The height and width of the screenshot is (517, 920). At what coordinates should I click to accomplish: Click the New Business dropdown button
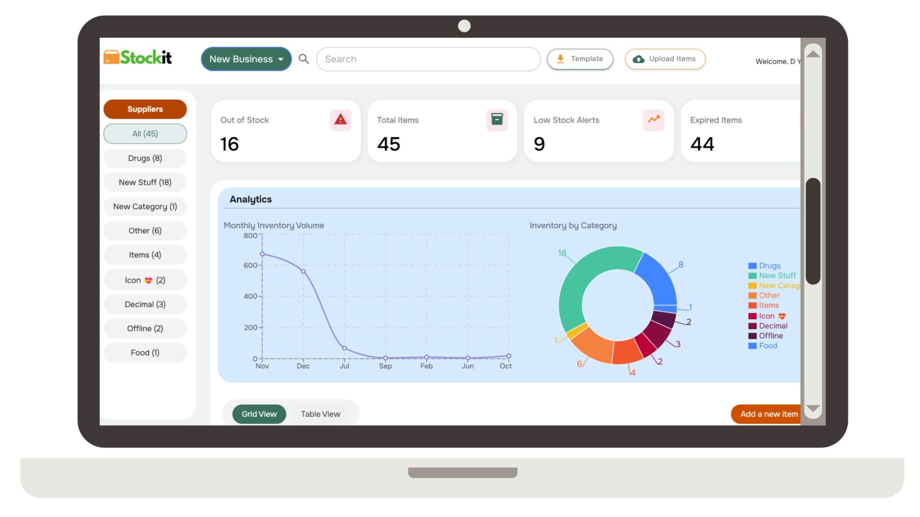click(246, 59)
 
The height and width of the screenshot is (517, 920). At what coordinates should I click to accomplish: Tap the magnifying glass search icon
click(304, 59)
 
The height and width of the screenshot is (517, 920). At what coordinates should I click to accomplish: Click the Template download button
click(579, 59)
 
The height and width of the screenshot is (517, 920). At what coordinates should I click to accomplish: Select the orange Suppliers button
click(145, 109)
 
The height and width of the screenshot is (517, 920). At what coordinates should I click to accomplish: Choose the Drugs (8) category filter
click(145, 158)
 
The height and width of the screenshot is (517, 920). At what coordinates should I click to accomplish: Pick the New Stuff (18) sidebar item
click(145, 182)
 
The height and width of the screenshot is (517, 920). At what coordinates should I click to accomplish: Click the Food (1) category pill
click(145, 353)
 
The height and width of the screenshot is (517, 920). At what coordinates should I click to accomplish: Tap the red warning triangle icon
click(340, 120)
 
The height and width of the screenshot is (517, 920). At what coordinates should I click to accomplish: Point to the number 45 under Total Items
click(389, 144)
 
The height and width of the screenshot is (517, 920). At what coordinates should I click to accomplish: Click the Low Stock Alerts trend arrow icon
click(653, 120)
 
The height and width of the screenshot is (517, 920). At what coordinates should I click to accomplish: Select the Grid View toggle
click(259, 414)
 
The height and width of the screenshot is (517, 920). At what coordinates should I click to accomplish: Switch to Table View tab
click(320, 414)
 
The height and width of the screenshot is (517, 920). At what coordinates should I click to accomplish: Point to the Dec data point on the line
click(303, 272)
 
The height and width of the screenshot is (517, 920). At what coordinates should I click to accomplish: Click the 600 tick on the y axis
click(250, 265)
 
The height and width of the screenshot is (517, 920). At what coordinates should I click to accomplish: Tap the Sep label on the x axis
click(385, 366)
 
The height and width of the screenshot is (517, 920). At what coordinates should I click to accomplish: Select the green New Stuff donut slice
click(579, 283)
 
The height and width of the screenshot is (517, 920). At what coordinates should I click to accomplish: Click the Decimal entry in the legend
click(773, 326)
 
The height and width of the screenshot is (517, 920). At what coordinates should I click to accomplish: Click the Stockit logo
click(138, 57)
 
